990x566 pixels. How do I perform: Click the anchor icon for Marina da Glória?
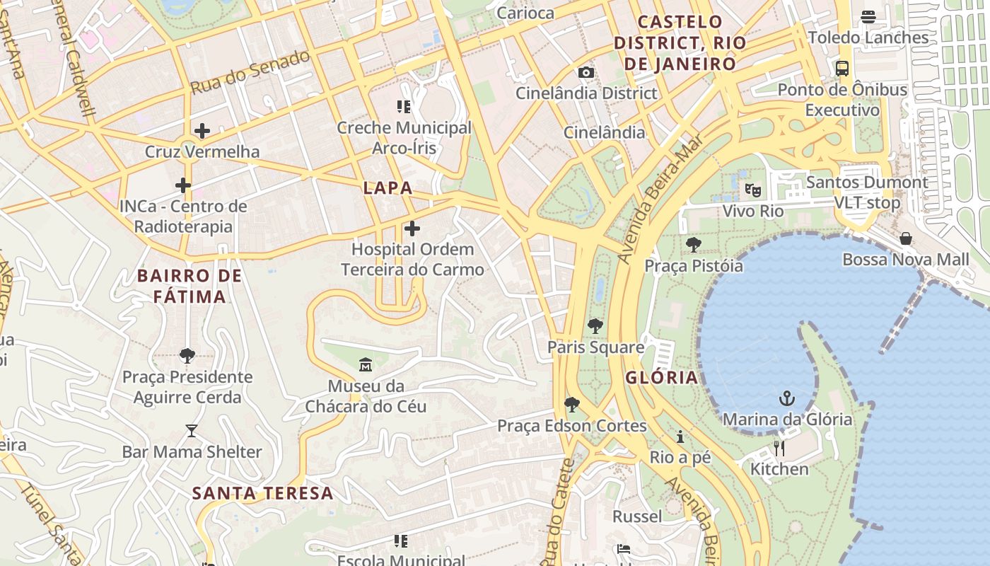coord(787,398)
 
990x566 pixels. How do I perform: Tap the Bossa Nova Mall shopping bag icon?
coord(906,238)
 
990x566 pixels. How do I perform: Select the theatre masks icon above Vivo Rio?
coord(753,190)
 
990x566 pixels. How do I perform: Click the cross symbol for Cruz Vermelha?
coord(202,130)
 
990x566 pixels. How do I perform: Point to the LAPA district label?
coord(388,187)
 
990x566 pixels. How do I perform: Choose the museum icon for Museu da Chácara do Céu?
coord(366,365)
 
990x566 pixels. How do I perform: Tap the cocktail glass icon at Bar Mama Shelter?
coord(192,430)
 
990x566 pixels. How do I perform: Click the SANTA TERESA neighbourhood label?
coord(262,493)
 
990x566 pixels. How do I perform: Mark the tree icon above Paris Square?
coord(595,326)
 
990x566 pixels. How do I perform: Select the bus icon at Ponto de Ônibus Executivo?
coord(841,69)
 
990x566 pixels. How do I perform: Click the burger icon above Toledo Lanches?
coord(868,17)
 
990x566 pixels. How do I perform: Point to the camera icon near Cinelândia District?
coord(586,72)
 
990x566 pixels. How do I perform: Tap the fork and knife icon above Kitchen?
coord(779,448)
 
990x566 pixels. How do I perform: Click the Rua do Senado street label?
coord(250,71)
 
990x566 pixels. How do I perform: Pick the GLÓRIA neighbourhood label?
coord(662,377)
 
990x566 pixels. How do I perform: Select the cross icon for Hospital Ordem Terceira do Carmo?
coord(412,229)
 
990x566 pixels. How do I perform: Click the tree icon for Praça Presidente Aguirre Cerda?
coord(187,355)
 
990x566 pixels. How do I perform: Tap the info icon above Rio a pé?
coord(680,437)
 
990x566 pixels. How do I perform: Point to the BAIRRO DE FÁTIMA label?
coord(190,286)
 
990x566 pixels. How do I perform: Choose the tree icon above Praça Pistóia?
coord(694,245)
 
